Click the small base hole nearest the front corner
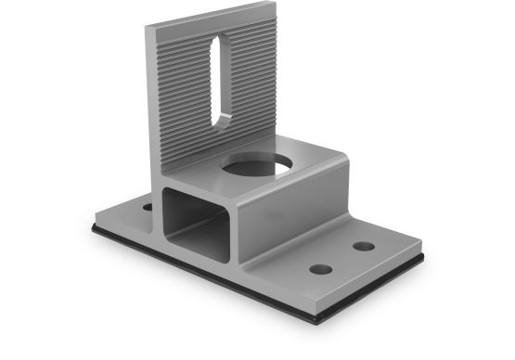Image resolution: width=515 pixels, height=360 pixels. tap(320, 269)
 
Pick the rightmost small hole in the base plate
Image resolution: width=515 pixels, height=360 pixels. tap(364, 246)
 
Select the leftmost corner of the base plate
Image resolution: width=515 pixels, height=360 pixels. tap(93, 223)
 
